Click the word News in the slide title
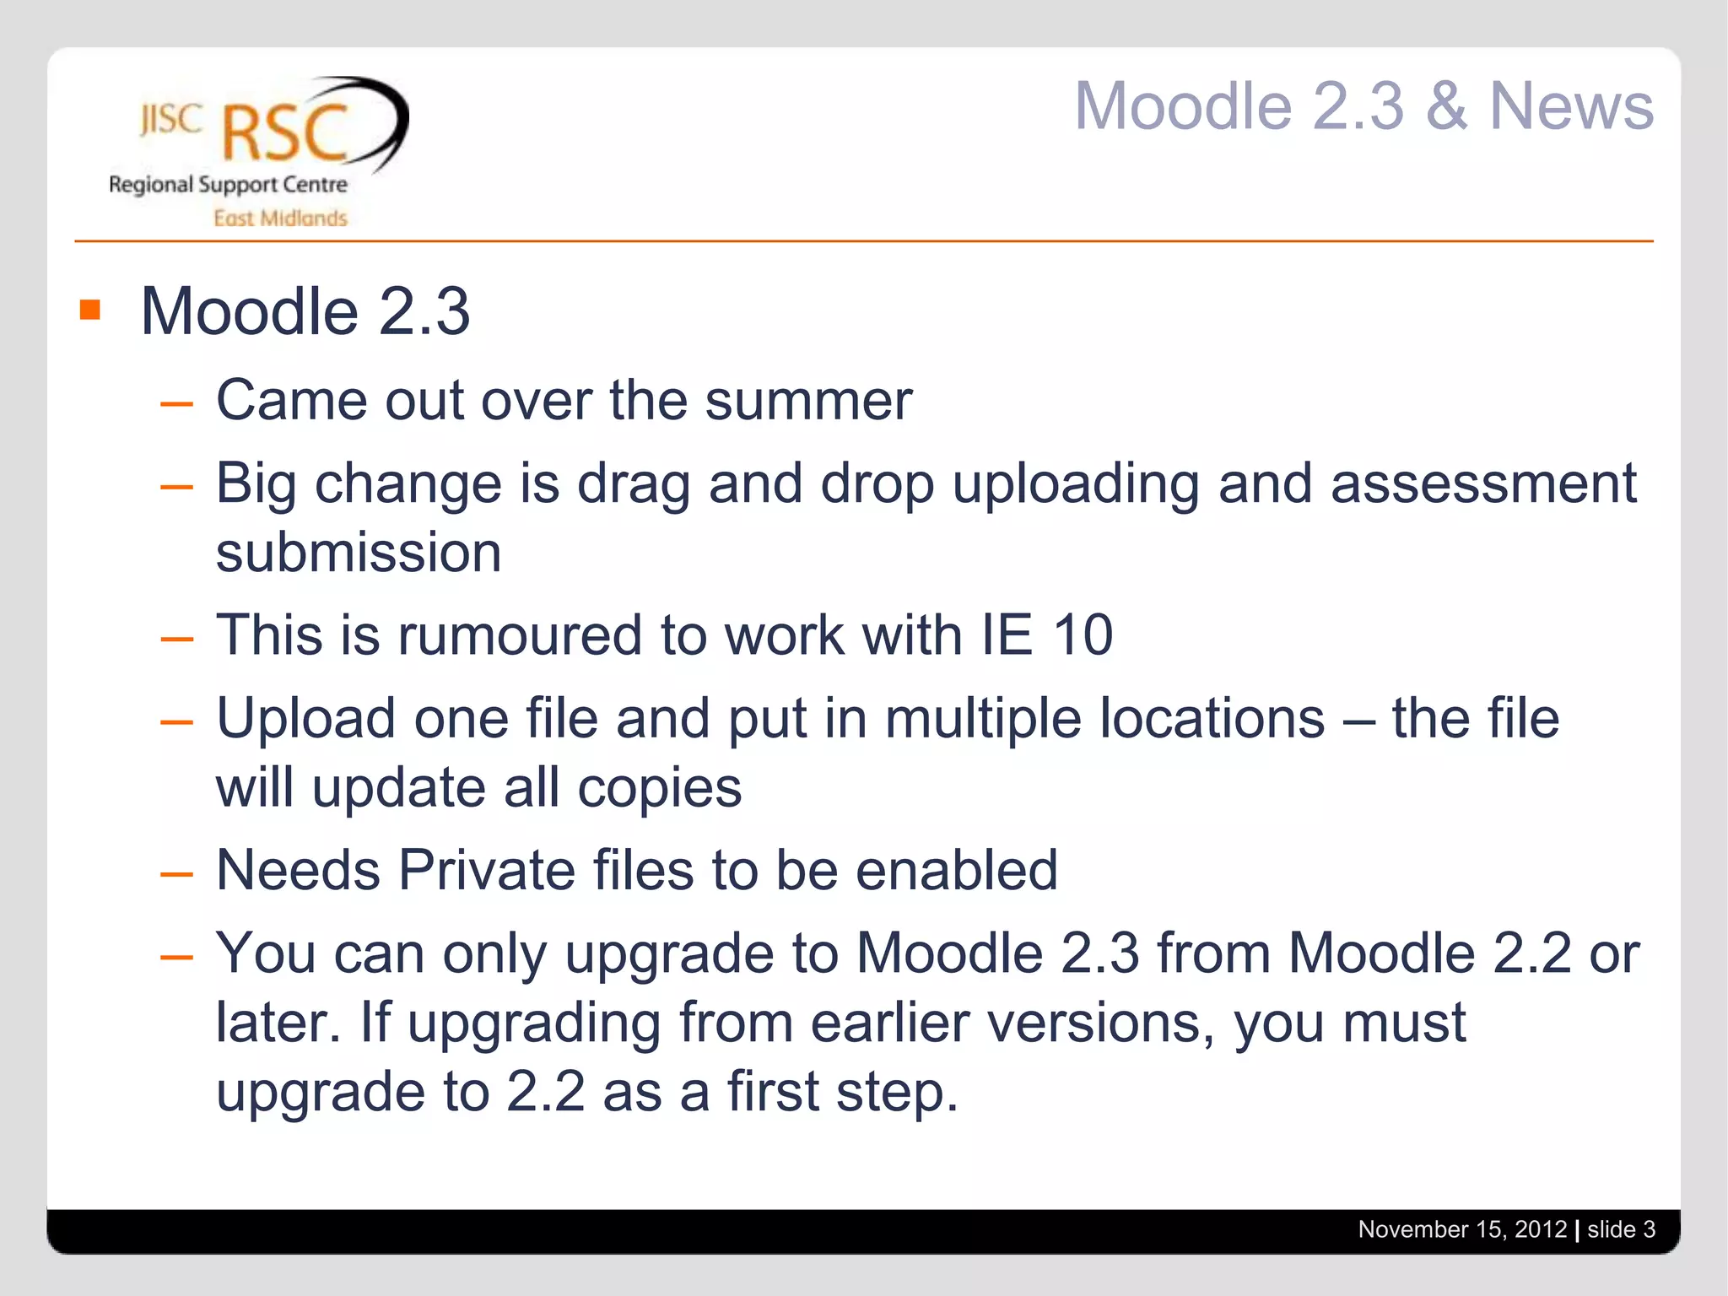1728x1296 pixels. (x=1571, y=107)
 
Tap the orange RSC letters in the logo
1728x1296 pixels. (x=284, y=133)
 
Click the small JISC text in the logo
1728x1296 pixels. (x=171, y=120)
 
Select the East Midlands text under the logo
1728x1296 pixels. (x=280, y=219)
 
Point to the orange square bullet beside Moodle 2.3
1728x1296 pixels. (x=90, y=310)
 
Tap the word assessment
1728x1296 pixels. (x=1483, y=483)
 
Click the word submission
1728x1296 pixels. (x=359, y=553)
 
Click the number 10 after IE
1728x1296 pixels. (x=1083, y=635)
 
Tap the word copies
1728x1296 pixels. (x=659, y=788)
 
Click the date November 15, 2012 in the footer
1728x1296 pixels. (x=1461, y=1229)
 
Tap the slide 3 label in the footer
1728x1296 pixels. (x=1621, y=1229)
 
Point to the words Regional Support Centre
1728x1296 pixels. (x=228, y=185)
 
